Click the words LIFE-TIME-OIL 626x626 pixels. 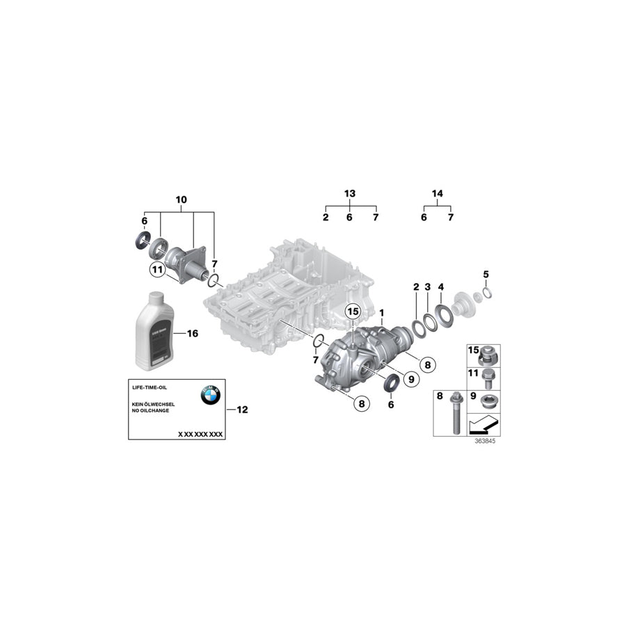[x=150, y=387]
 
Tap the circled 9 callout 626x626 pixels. [x=410, y=378]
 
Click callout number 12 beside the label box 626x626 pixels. [x=242, y=410]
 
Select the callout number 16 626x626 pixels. [x=193, y=334]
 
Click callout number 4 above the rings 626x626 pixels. [x=440, y=286]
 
